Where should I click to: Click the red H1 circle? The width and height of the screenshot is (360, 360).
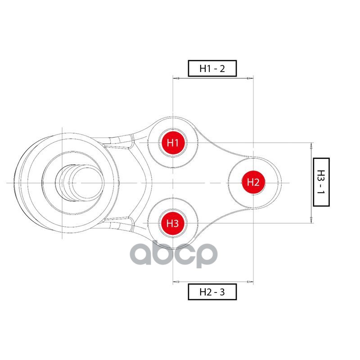coord(173,143)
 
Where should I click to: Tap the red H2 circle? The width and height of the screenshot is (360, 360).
coord(253,182)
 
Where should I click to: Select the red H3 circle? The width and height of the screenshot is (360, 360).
coord(173,223)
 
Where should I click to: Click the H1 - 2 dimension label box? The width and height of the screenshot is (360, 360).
coord(212,68)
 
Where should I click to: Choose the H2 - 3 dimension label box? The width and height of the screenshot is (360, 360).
coord(212,292)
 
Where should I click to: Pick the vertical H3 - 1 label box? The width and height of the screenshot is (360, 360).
coord(321,182)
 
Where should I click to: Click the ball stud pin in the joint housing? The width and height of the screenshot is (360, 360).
coord(79,183)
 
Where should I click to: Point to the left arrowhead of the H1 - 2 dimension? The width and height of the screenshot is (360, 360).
coord(176,79)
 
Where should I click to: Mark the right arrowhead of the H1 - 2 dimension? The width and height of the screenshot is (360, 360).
coord(250,79)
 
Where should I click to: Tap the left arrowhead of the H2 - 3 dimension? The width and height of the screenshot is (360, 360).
coord(176,282)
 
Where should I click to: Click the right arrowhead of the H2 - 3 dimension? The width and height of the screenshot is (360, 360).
coord(250,282)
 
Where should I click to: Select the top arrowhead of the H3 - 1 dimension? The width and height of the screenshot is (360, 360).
coord(311,145)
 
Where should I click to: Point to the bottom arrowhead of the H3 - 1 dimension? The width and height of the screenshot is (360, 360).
coord(311,220)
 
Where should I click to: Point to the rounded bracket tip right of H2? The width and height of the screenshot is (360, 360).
coord(279,182)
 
